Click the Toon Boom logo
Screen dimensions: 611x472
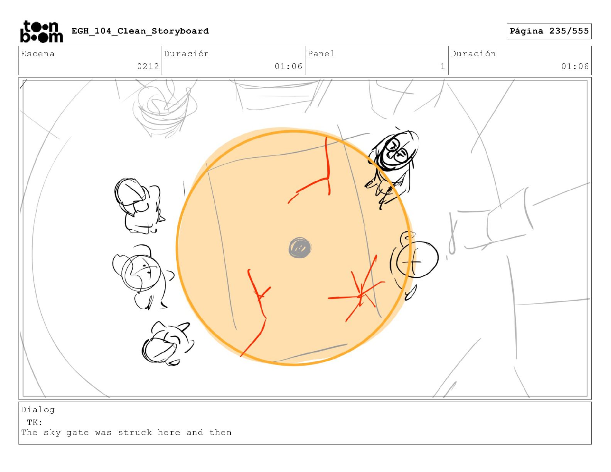pos(41,31)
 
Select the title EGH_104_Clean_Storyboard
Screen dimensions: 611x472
pos(140,31)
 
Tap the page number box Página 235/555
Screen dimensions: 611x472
pos(549,31)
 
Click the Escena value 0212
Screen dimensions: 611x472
pos(148,66)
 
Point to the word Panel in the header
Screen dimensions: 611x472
pos(321,54)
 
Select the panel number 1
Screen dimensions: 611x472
pos(442,66)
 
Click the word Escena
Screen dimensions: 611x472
pos(38,54)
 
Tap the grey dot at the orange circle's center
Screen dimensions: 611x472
pos(300,248)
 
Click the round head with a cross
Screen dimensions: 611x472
pos(417,260)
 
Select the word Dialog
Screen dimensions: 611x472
pos(38,410)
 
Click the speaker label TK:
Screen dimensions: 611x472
pos(35,422)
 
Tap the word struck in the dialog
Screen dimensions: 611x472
pos(135,432)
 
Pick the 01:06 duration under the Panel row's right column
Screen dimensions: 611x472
pos(575,66)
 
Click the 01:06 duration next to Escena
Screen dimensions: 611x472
pos(288,66)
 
